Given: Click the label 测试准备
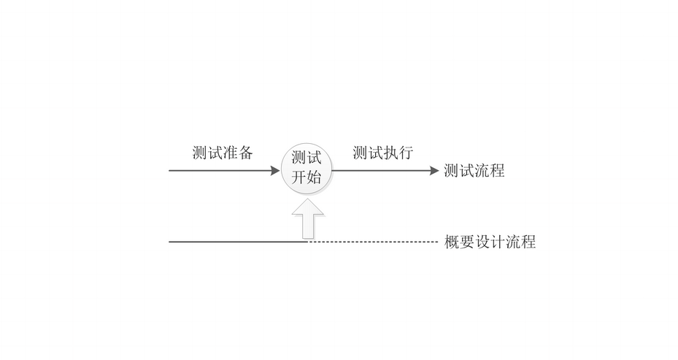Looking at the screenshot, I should coord(223,153).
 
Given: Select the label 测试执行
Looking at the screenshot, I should coord(383,153).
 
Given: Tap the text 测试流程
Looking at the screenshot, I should coord(474,172).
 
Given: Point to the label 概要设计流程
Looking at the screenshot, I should coord(490,242).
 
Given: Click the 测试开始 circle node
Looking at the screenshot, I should coord(307,169).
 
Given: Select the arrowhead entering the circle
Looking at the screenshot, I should coord(275,171).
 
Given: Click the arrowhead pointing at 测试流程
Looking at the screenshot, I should coord(434,171).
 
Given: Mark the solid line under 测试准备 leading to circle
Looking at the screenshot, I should coord(219,171).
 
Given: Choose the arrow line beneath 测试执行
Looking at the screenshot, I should coord(380,171).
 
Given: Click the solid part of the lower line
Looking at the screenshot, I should coord(234,242).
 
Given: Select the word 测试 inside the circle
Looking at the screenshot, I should coord(307,158).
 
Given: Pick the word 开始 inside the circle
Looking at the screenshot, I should coord(307,177).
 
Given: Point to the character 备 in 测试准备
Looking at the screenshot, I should coord(246,153).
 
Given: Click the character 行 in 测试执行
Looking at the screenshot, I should coord(407,153).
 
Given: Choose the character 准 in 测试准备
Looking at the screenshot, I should coord(231,153).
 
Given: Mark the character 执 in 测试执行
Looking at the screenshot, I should coord(391,153).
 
